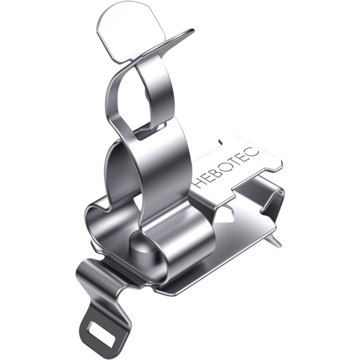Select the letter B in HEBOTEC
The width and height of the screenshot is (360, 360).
221,168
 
